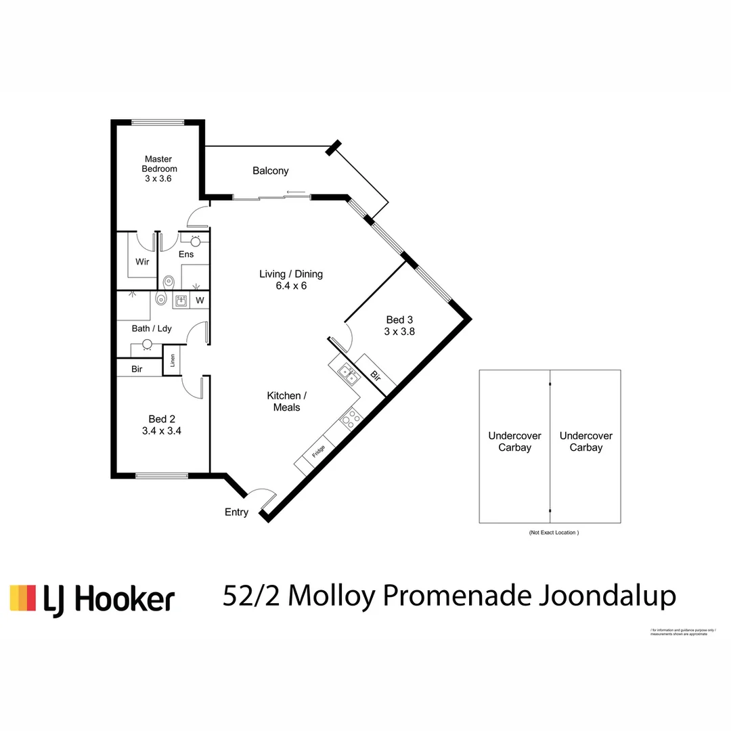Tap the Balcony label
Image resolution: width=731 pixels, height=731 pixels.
(270, 171)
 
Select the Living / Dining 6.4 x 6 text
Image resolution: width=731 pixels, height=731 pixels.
(291, 280)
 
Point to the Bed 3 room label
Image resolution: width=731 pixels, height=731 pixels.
(399, 326)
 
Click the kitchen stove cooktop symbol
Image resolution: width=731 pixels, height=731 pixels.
(351, 418)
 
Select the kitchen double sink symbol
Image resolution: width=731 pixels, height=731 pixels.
(349, 374)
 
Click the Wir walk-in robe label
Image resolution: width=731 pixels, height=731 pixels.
(142, 261)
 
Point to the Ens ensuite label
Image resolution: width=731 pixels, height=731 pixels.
(186, 254)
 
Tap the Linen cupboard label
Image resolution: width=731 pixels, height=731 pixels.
(173, 360)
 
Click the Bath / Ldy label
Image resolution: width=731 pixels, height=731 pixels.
(152, 328)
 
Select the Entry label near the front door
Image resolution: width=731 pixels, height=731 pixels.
(236, 512)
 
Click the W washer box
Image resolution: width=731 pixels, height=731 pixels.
(200, 300)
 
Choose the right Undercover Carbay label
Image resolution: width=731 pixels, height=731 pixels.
(586, 442)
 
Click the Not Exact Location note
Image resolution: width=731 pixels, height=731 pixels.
(554, 533)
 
